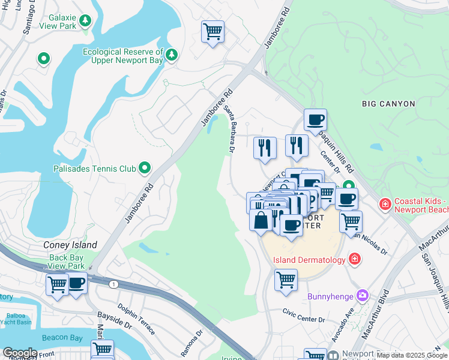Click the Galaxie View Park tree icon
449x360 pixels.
(86, 22)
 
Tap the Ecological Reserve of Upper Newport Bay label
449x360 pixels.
(123, 56)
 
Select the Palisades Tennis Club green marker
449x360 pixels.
(145, 169)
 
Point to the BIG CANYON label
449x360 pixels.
(388, 104)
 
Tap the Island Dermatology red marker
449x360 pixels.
(355, 259)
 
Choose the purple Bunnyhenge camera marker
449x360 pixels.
(362, 295)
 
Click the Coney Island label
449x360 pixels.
(70, 245)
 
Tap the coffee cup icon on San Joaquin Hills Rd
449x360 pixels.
(315, 119)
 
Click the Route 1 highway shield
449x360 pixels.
(113, 283)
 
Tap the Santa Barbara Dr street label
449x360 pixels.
(231, 128)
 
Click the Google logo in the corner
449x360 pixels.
(20, 353)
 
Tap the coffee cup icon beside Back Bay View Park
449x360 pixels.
(76, 284)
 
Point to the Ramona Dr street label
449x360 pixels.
(191, 341)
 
